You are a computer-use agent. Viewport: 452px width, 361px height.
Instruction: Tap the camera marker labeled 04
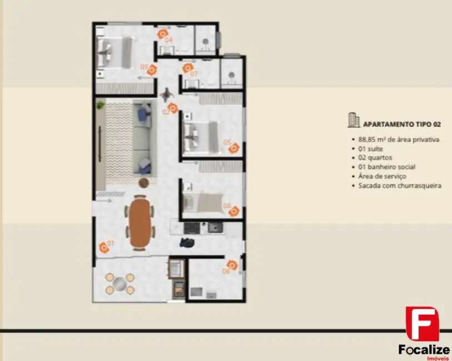pyautogui.click(x=163, y=34)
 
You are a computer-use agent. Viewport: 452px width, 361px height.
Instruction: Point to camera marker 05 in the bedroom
pyautogui.click(x=234, y=148)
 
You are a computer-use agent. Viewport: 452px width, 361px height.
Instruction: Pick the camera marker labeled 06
pyautogui.click(x=234, y=211)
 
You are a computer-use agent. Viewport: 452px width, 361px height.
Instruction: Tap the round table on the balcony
pyautogui.click(x=120, y=284)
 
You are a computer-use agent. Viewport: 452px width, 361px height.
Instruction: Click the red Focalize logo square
pyautogui.click(x=422, y=323)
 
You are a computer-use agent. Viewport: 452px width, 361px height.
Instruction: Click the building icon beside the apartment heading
pyautogui.click(x=353, y=119)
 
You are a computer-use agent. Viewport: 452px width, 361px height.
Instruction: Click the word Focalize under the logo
pyautogui.click(x=421, y=349)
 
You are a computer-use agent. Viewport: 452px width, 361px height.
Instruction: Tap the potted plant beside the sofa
pyautogui.click(x=100, y=104)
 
